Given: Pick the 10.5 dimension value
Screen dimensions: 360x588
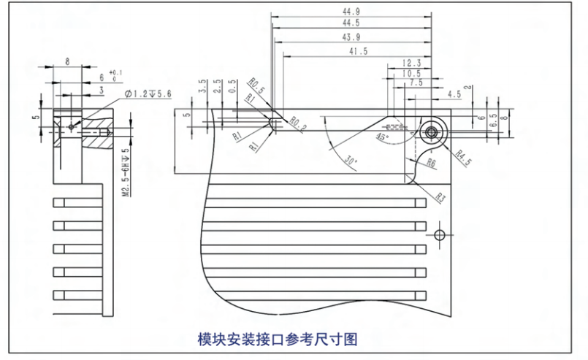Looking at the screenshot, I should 411,74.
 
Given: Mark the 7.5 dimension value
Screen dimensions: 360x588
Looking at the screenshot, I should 416,83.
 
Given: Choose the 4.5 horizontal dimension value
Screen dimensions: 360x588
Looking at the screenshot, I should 454,94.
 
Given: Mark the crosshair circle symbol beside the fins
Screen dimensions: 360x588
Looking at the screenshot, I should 439,234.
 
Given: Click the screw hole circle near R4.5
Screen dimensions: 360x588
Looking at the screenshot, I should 432,132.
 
